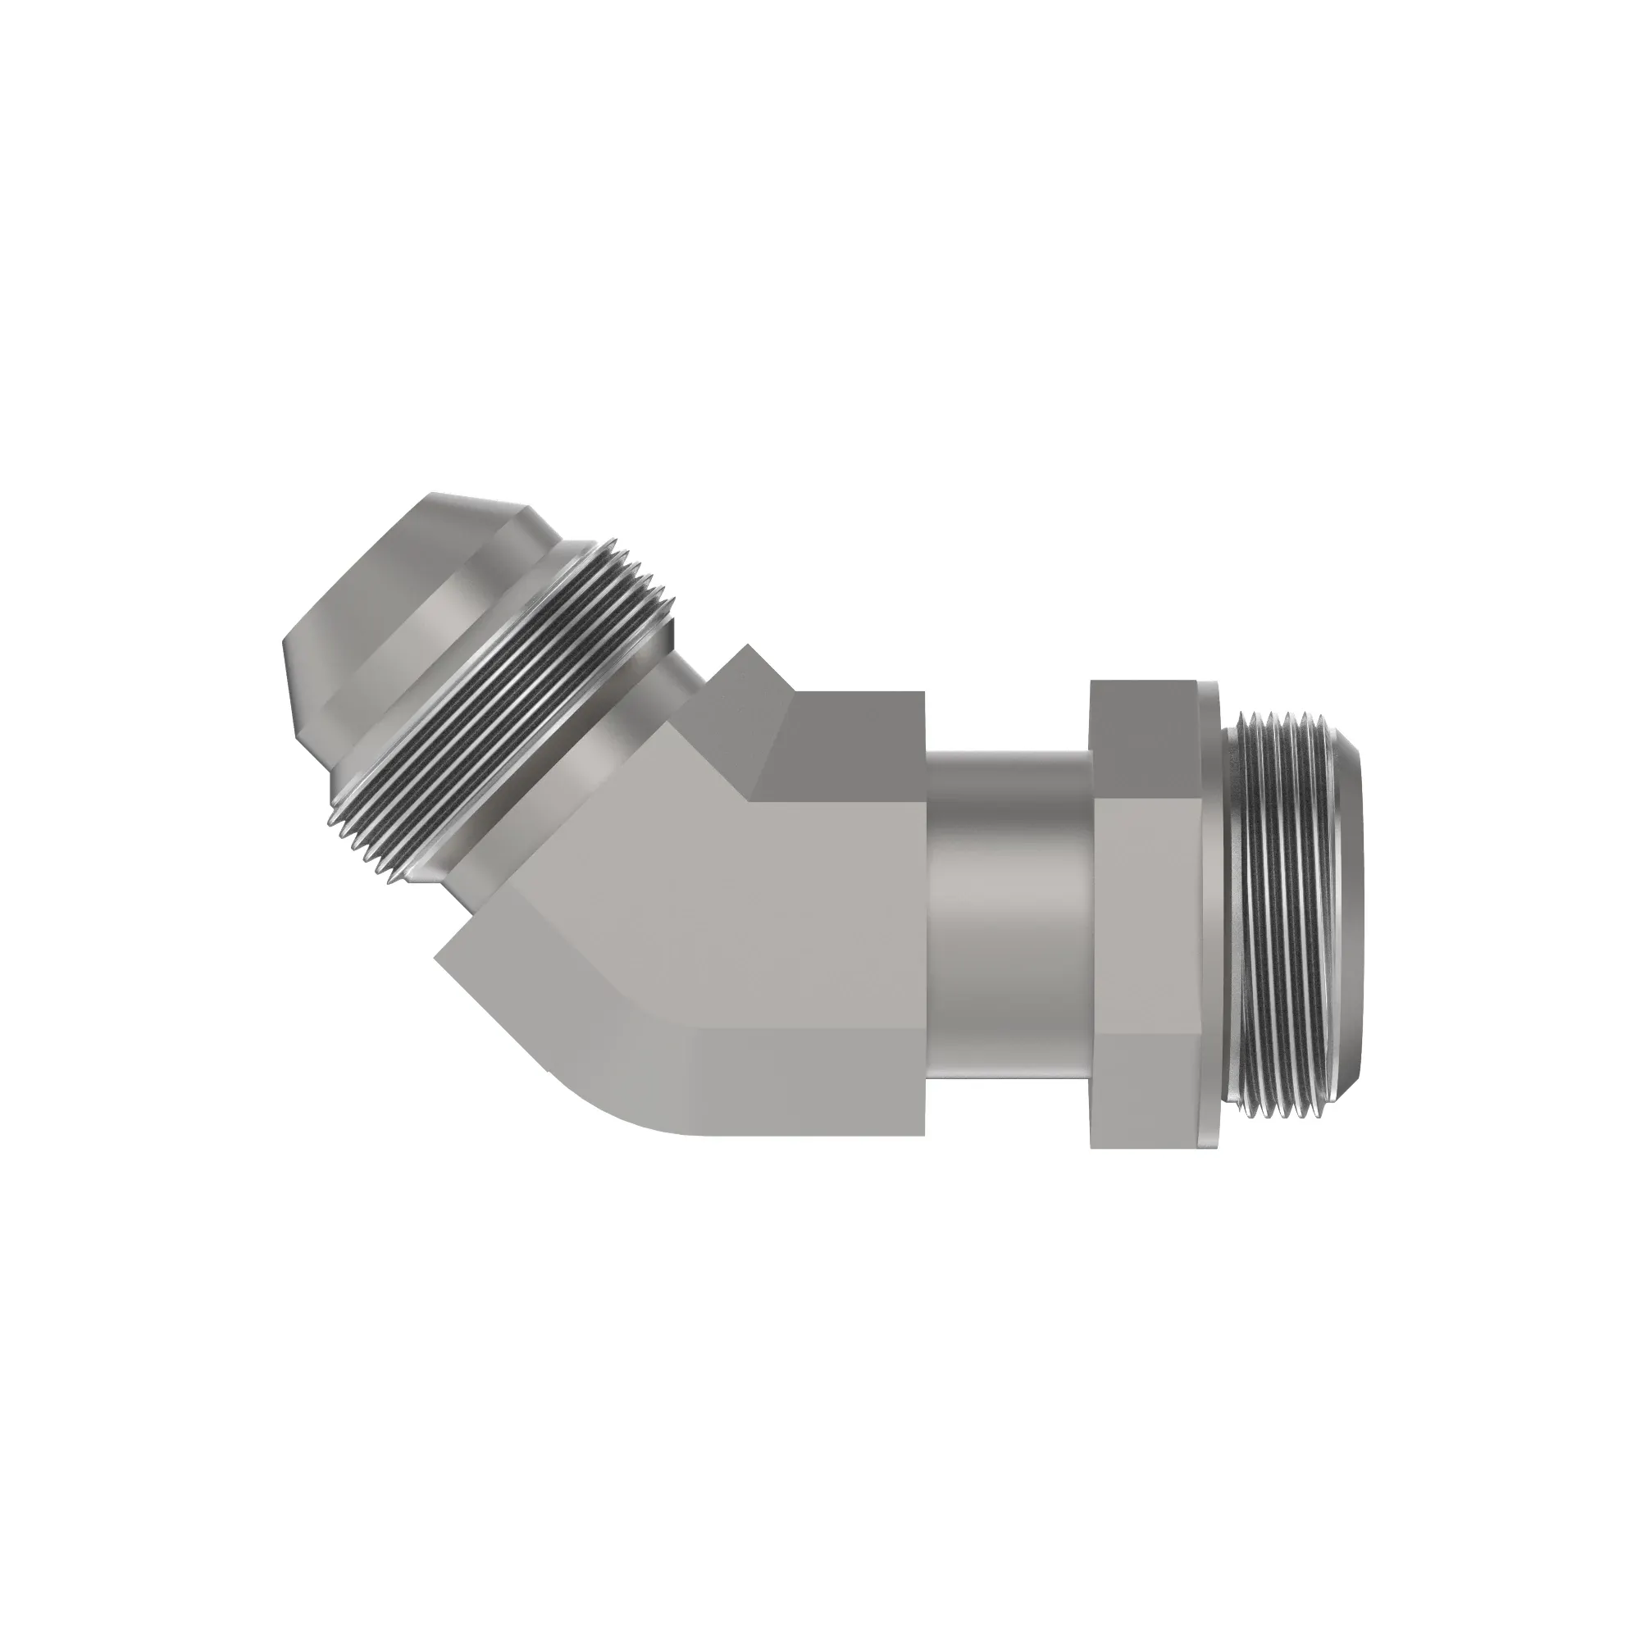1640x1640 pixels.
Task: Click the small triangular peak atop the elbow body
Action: pos(747,658)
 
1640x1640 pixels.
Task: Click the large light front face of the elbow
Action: pos(764,917)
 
